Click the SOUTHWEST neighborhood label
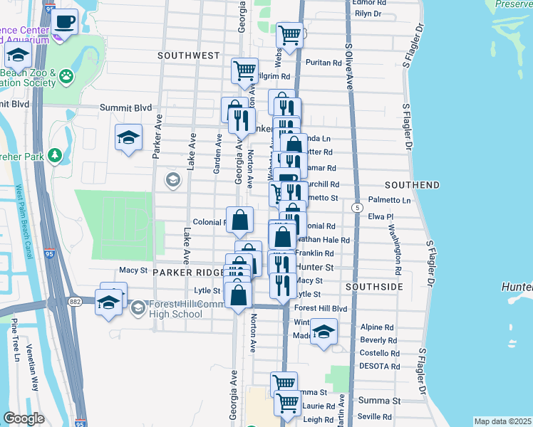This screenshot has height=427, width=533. click(x=189, y=55)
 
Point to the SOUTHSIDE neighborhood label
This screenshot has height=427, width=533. click(x=375, y=287)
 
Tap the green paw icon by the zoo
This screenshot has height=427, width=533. click(x=66, y=74)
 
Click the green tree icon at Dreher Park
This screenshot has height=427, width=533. click(x=54, y=154)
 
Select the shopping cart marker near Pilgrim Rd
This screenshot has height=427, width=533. click(x=244, y=71)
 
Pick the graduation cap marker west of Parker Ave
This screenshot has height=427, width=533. click(x=129, y=137)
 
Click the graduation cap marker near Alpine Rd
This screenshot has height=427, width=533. click(x=324, y=332)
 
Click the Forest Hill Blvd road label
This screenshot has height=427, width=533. click(x=321, y=309)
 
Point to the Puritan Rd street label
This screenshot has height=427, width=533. click(x=324, y=63)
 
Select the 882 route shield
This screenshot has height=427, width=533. click(x=75, y=301)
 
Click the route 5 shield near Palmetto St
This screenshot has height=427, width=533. click(x=355, y=206)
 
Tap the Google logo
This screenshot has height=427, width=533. click(x=24, y=418)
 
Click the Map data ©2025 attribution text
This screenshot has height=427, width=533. click(x=502, y=421)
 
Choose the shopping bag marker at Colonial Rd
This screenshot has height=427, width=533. click(x=240, y=220)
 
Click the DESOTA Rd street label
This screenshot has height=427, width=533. click(x=380, y=366)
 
